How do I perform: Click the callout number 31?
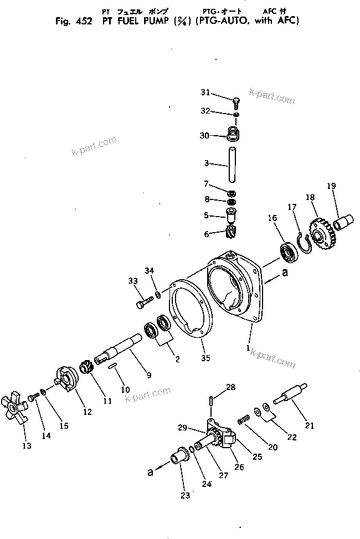(206, 92)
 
